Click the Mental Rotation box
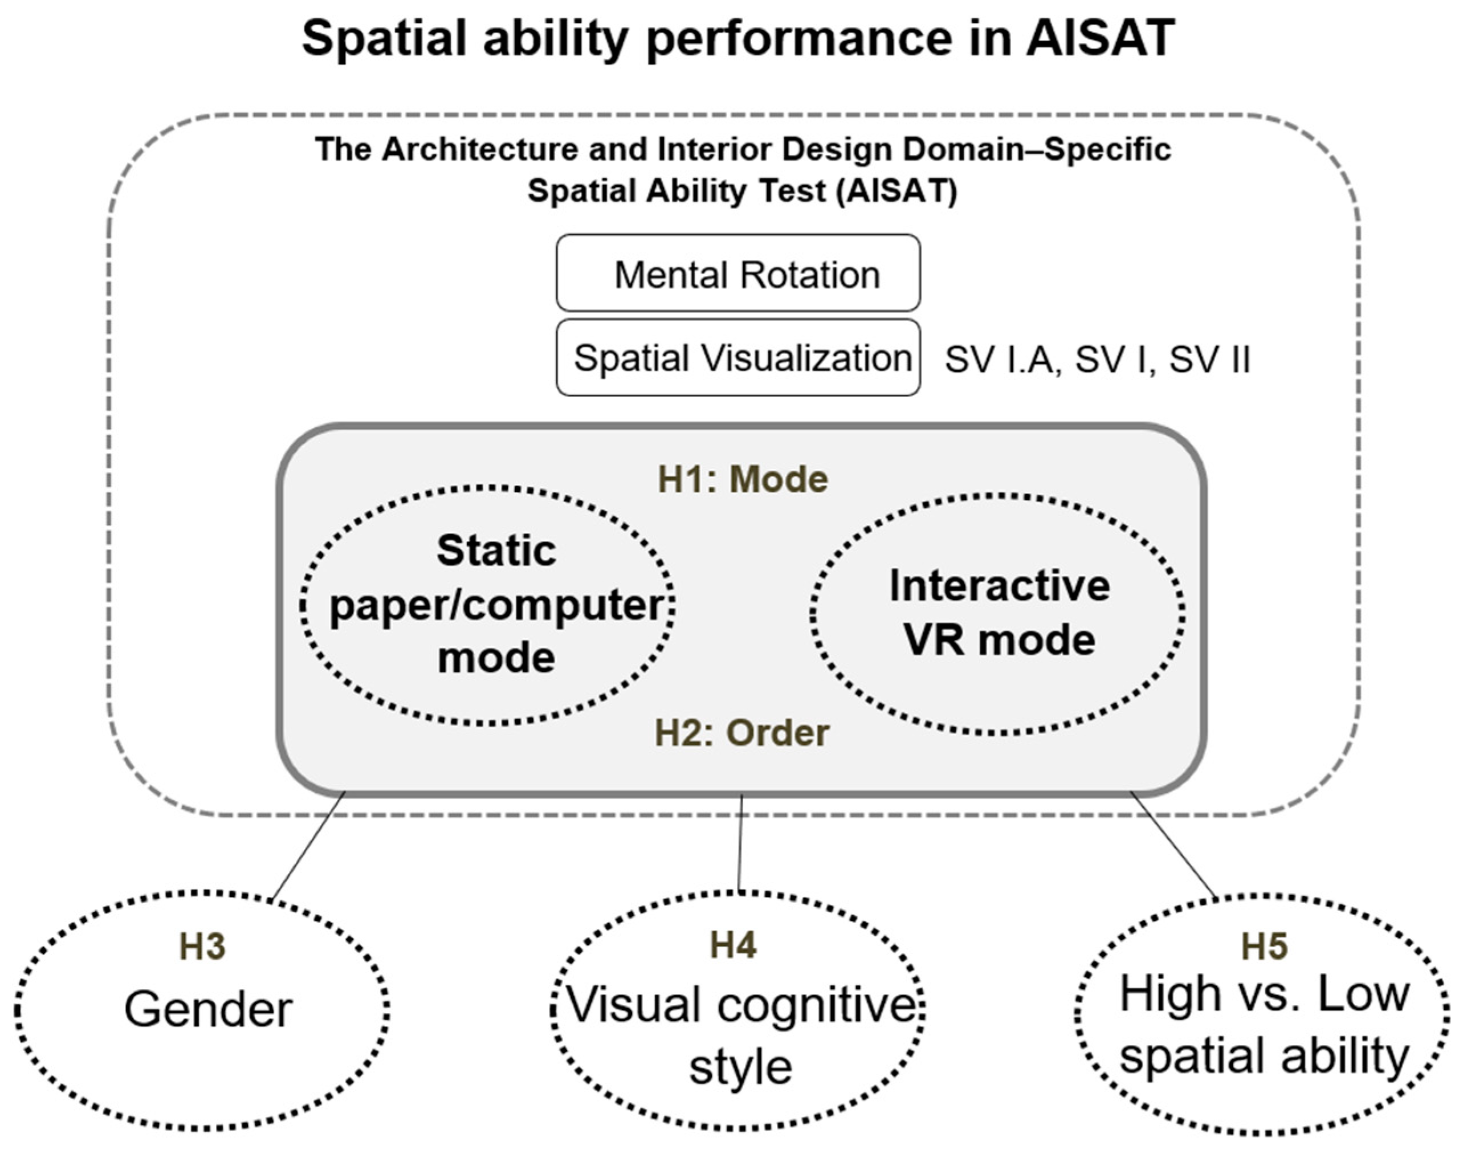click(x=738, y=274)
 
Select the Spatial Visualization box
click(x=738, y=357)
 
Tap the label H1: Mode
click(x=743, y=479)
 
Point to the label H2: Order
click(x=742, y=732)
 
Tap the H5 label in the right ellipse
click(x=1265, y=946)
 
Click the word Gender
click(x=208, y=1009)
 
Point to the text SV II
click(x=1209, y=360)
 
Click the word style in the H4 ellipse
click(x=740, y=1067)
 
